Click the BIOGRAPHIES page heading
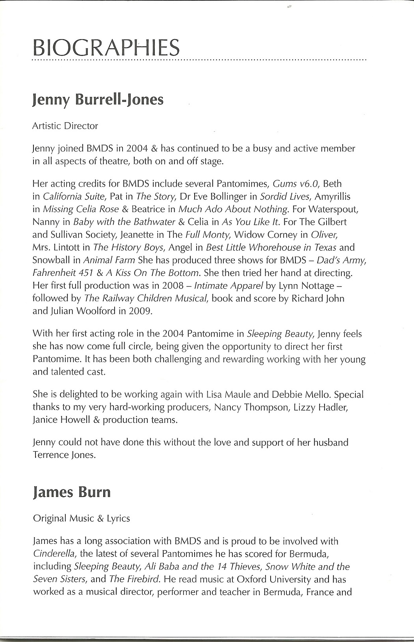pyautogui.click(x=106, y=48)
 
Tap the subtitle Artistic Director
pyautogui.click(x=65, y=126)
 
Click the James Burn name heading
pyautogui.click(x=72, y=492)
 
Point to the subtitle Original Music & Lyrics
pyautogui.click(x=82, y=518)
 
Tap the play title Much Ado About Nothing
pyautogui.click(x=233, y=209)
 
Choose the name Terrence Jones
pyautogui.click(x=64, y=455)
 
